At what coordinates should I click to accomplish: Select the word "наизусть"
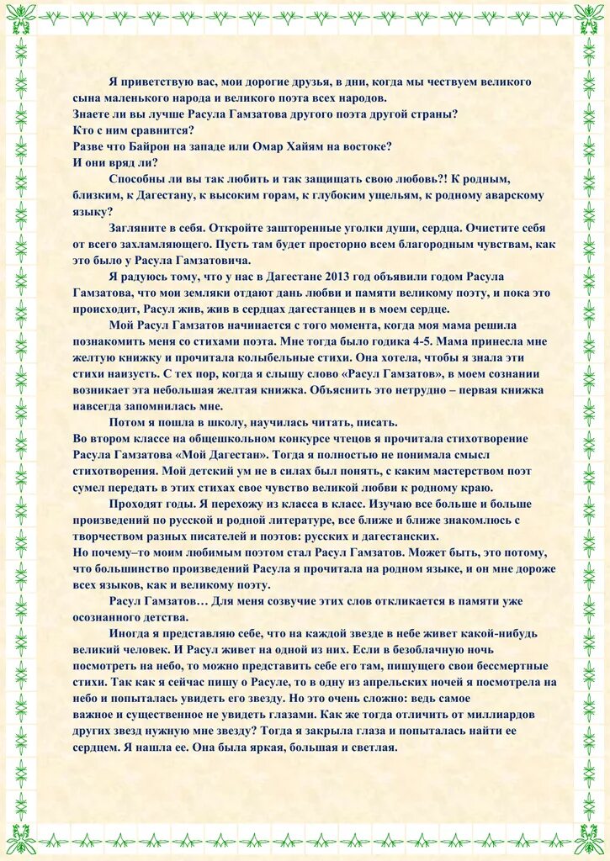click(125, 374)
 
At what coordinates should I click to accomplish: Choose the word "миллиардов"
click(502, 715)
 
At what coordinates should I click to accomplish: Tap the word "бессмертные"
click(498, 666)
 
